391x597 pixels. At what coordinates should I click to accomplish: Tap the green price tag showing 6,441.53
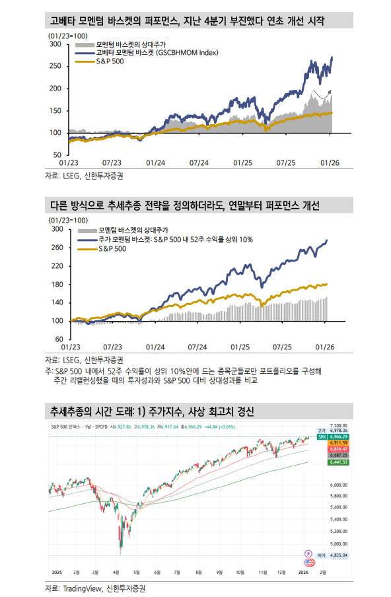click(338, 462)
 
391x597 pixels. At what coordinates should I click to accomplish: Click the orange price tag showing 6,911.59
click(338, 442)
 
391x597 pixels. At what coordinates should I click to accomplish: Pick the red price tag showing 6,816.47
click(338, 449)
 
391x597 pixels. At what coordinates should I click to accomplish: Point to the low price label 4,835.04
click(338, 555)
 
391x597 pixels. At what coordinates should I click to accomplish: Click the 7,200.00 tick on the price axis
click(338, 426)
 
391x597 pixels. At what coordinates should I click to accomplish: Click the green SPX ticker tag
click(322, 437)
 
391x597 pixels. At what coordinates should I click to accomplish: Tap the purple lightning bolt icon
click(308, 553)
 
